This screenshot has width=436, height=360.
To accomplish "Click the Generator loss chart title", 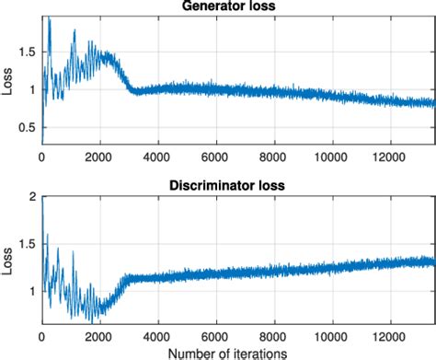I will (x=237, y=7).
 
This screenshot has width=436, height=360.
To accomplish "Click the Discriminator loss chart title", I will (x=237, y=185).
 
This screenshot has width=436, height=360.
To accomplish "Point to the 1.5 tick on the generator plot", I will (x=29, y=53).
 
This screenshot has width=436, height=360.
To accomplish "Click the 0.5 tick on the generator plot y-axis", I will (x=29, y=125).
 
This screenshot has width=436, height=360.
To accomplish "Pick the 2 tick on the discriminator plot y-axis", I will (x=33, y=198).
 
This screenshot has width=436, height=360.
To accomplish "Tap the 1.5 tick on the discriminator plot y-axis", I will (x=29, y=244).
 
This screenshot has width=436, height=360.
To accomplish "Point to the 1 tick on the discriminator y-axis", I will (x=33, y=290).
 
